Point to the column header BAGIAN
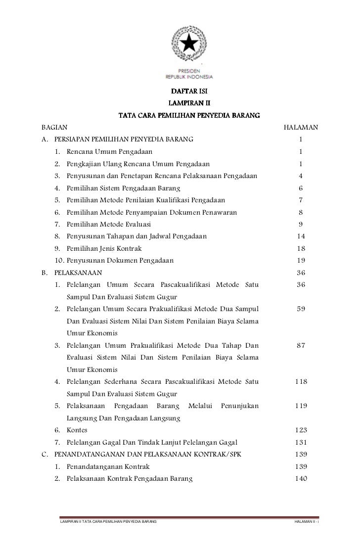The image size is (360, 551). pos(55,128)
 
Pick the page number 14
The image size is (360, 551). pos(301,236)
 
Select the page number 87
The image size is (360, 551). pos(301,346)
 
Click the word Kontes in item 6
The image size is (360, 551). pos(78,430)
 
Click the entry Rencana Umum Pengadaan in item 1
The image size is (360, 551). pos(110,152)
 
